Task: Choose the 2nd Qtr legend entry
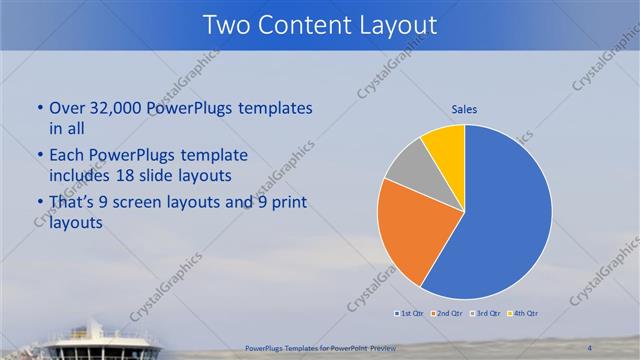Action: click(x=447, y=314)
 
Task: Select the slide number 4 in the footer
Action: click(x=590, y=347)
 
